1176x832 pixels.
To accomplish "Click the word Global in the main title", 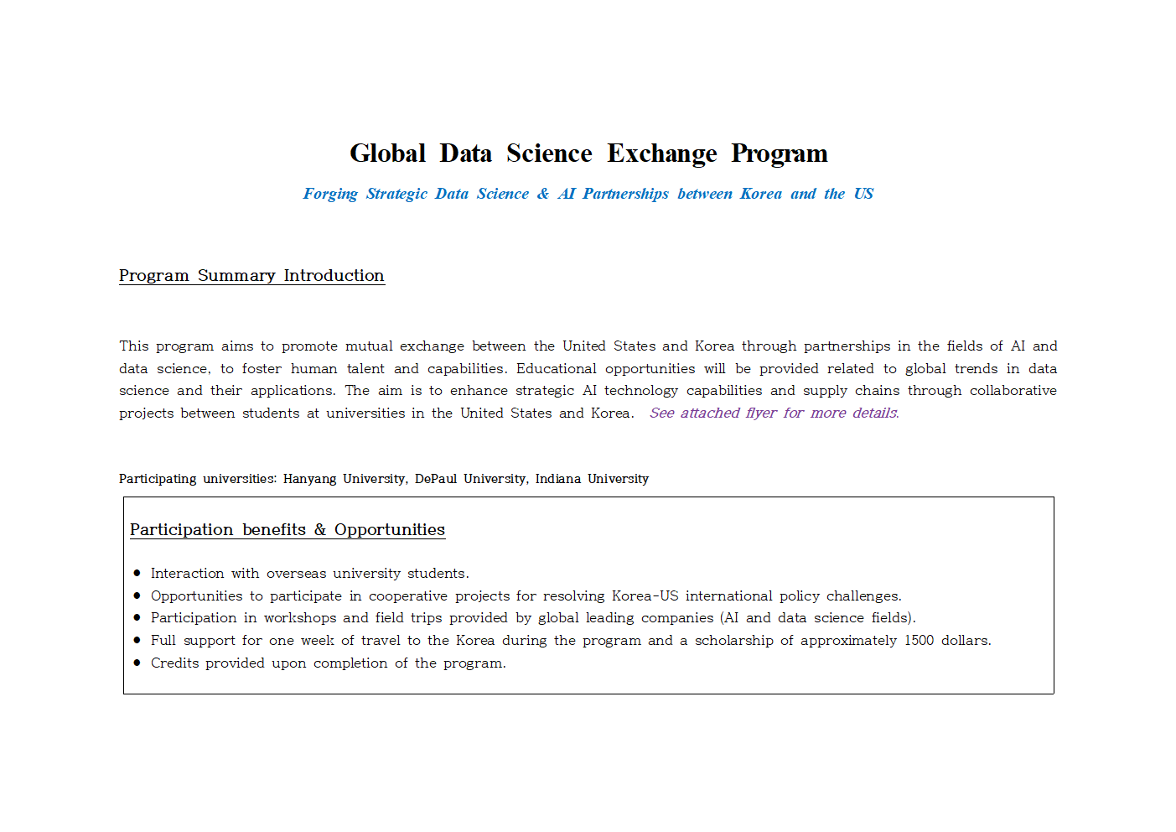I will [387, 153].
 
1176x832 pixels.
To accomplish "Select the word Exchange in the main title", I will [661, 153].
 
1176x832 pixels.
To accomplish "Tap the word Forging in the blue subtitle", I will [330, 194].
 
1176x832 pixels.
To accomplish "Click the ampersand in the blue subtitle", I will [543, 194].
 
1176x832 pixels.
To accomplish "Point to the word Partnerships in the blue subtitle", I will [625, 194].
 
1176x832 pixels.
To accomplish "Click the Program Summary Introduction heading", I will [251, 275].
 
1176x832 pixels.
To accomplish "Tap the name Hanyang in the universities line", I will [309, 479].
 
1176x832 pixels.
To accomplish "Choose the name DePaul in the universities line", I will [436, 479].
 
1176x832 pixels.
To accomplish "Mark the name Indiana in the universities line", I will [558, 479].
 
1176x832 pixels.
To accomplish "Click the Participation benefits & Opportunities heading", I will [288, 529].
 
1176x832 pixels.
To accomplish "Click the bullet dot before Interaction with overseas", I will [137, 574].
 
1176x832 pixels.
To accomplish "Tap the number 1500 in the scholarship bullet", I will [919, 641].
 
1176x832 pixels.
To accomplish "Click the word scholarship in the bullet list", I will [733, 641].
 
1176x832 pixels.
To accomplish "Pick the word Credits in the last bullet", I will [174, 663].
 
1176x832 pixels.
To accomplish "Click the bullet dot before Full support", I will [137, 641].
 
